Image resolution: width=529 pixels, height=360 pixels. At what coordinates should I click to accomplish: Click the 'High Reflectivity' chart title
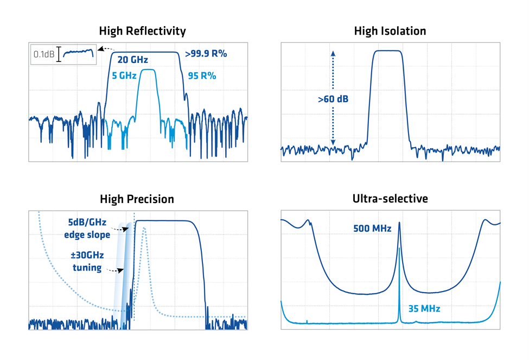pyautogui.click(x=142, y=31)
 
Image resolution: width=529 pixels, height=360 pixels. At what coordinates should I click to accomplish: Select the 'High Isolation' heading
pyautogui.click(x=390, y=31)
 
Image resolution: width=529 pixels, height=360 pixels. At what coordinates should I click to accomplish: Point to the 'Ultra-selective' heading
pyautogui.click(x=390, y=199)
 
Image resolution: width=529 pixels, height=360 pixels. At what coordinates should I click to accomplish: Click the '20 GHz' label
pyautogui.click(x=132, y=60)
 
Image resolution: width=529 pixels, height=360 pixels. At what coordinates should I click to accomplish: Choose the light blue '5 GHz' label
pyautogui.click(x=123, y=76)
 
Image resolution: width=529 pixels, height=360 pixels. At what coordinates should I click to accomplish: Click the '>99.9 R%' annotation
pyautogui.click(x=206, y=54)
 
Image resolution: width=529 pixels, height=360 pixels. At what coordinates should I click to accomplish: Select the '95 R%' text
pyautogui.click(x=202, y=76)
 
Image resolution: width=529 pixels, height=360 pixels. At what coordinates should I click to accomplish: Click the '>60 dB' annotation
pyautogui.click(x=333, y=99)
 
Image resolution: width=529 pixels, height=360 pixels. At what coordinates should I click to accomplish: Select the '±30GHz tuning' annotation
pyautogui.click(x=87, y=261)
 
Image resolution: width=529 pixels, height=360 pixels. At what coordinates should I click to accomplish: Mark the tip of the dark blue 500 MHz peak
pyautogui.click(x=399, y=223)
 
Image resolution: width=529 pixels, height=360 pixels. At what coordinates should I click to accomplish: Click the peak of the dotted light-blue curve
pyautogui.click(x=144, y=228)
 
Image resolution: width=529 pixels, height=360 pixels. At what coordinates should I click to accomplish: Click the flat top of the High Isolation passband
pyautogui.click(x=387, y=50)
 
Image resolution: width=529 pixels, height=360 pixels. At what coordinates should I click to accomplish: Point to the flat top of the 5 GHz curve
pyautogui.click(x=149, y=70)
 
